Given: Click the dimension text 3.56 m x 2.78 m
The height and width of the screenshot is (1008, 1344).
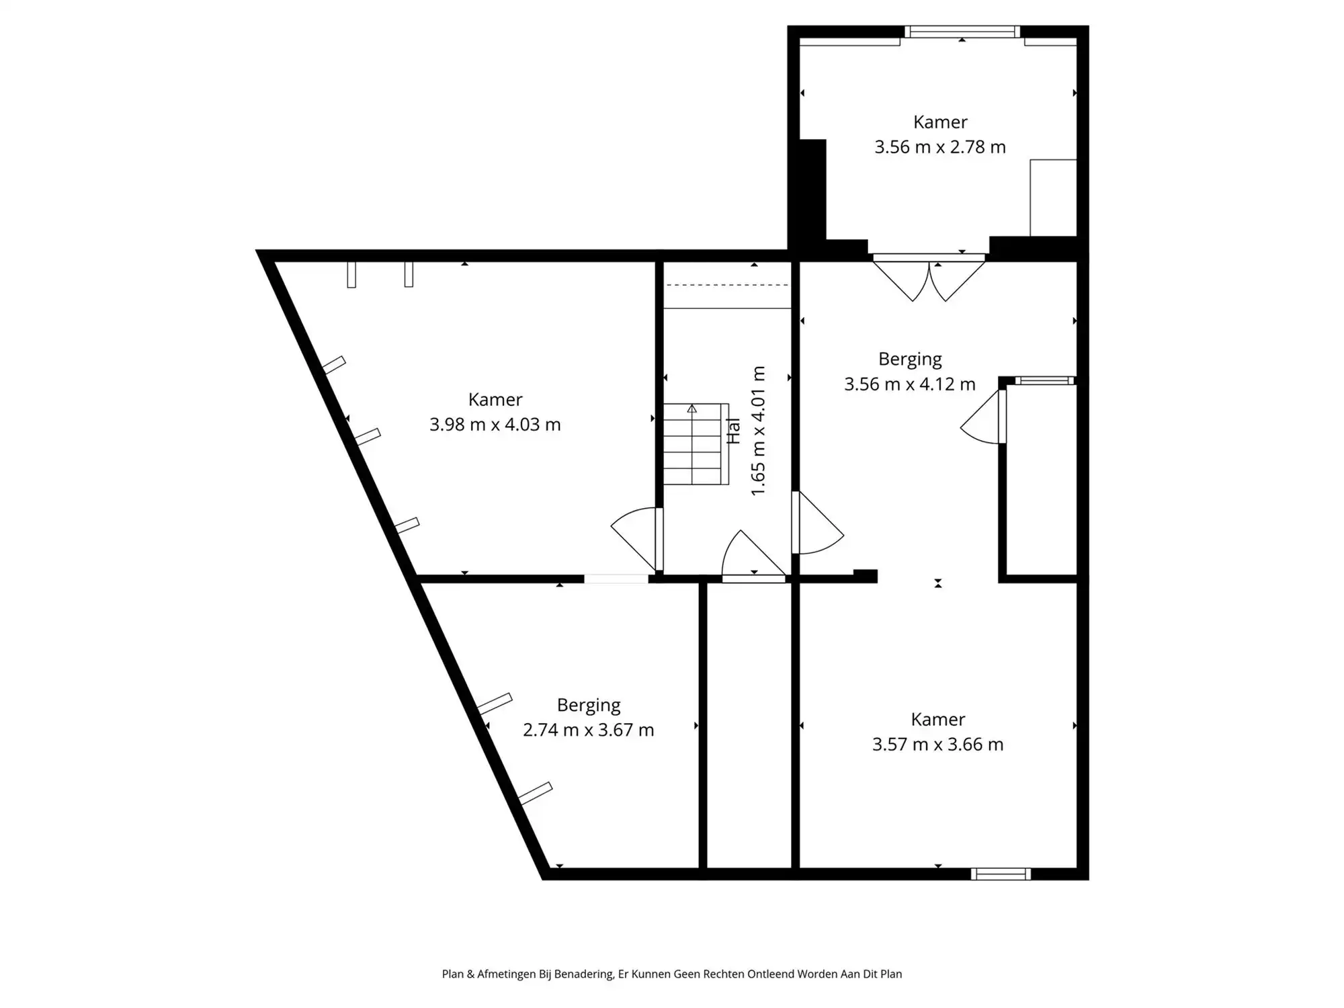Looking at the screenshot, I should pyautogui.click(x=939, y=147).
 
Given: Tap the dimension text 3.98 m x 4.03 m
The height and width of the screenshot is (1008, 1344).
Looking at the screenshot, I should pyautogui.click(x=495, y=425).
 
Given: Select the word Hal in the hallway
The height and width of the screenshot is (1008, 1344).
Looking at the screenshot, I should pyautogui.click(x=733, y=431).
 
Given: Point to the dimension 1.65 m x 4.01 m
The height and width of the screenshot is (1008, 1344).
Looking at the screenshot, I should pyautogui.click(x=758, y=431).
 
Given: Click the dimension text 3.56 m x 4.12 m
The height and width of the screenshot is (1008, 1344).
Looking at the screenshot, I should pyautogui.click(x=909, y=384).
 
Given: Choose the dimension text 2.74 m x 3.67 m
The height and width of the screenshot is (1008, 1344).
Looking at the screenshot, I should pyautogui.click(x=588, y=730).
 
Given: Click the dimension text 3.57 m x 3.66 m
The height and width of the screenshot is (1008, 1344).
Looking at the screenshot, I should pyautogui.click(x=937, y=745).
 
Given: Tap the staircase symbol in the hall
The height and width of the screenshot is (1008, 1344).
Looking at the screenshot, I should pyautogui.click(x=696, y=444).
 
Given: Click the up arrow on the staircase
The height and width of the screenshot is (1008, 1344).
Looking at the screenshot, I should pyautogui.click(x=691, y=409).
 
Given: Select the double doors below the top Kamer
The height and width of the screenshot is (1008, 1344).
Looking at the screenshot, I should pyautogui.click(x=929, y=279).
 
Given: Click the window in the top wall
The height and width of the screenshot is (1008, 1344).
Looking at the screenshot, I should pyautogui.click(x=962, y=32).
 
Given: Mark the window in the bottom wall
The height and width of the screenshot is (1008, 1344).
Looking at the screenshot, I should pyautogui.click(x=1000, y=874).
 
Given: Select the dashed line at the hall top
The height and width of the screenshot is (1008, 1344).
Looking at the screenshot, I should pyautogui.click(x=726, y=285).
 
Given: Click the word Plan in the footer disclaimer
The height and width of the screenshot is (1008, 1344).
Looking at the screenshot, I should pyautogui.click(x=452, y=974).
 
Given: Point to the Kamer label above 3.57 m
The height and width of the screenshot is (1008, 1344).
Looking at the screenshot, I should pyautogui.click(x=937, y=720).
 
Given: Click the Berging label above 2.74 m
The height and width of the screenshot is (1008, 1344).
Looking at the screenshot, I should pyautogui.click(x=588, y=705).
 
